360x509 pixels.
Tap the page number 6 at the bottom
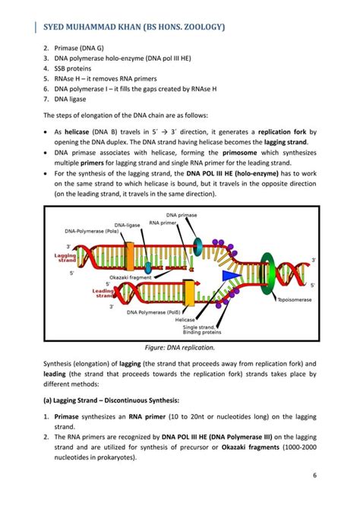(314, 476)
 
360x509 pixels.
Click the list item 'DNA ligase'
(70, 99)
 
